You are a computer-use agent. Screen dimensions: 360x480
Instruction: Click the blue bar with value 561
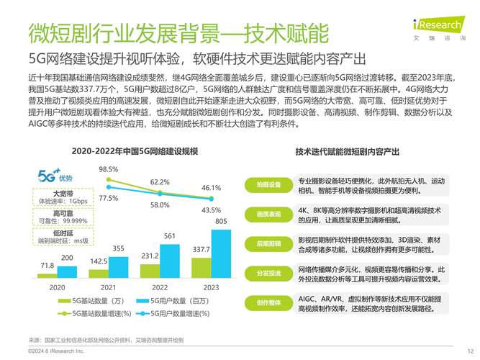point(169,261)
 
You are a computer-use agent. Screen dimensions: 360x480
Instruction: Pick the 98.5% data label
point(109,169)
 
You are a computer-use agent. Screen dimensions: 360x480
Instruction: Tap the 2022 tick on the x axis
point(159,287)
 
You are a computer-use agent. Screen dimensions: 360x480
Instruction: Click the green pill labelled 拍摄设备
point(268,185)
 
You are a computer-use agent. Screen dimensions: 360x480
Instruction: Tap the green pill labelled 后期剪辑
point(268,244)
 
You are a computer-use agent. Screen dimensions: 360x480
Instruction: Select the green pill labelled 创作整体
point(268,302)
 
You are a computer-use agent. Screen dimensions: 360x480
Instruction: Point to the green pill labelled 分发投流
point(268,273)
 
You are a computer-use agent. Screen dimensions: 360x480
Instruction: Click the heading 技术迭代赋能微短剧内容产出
point(348,152)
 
